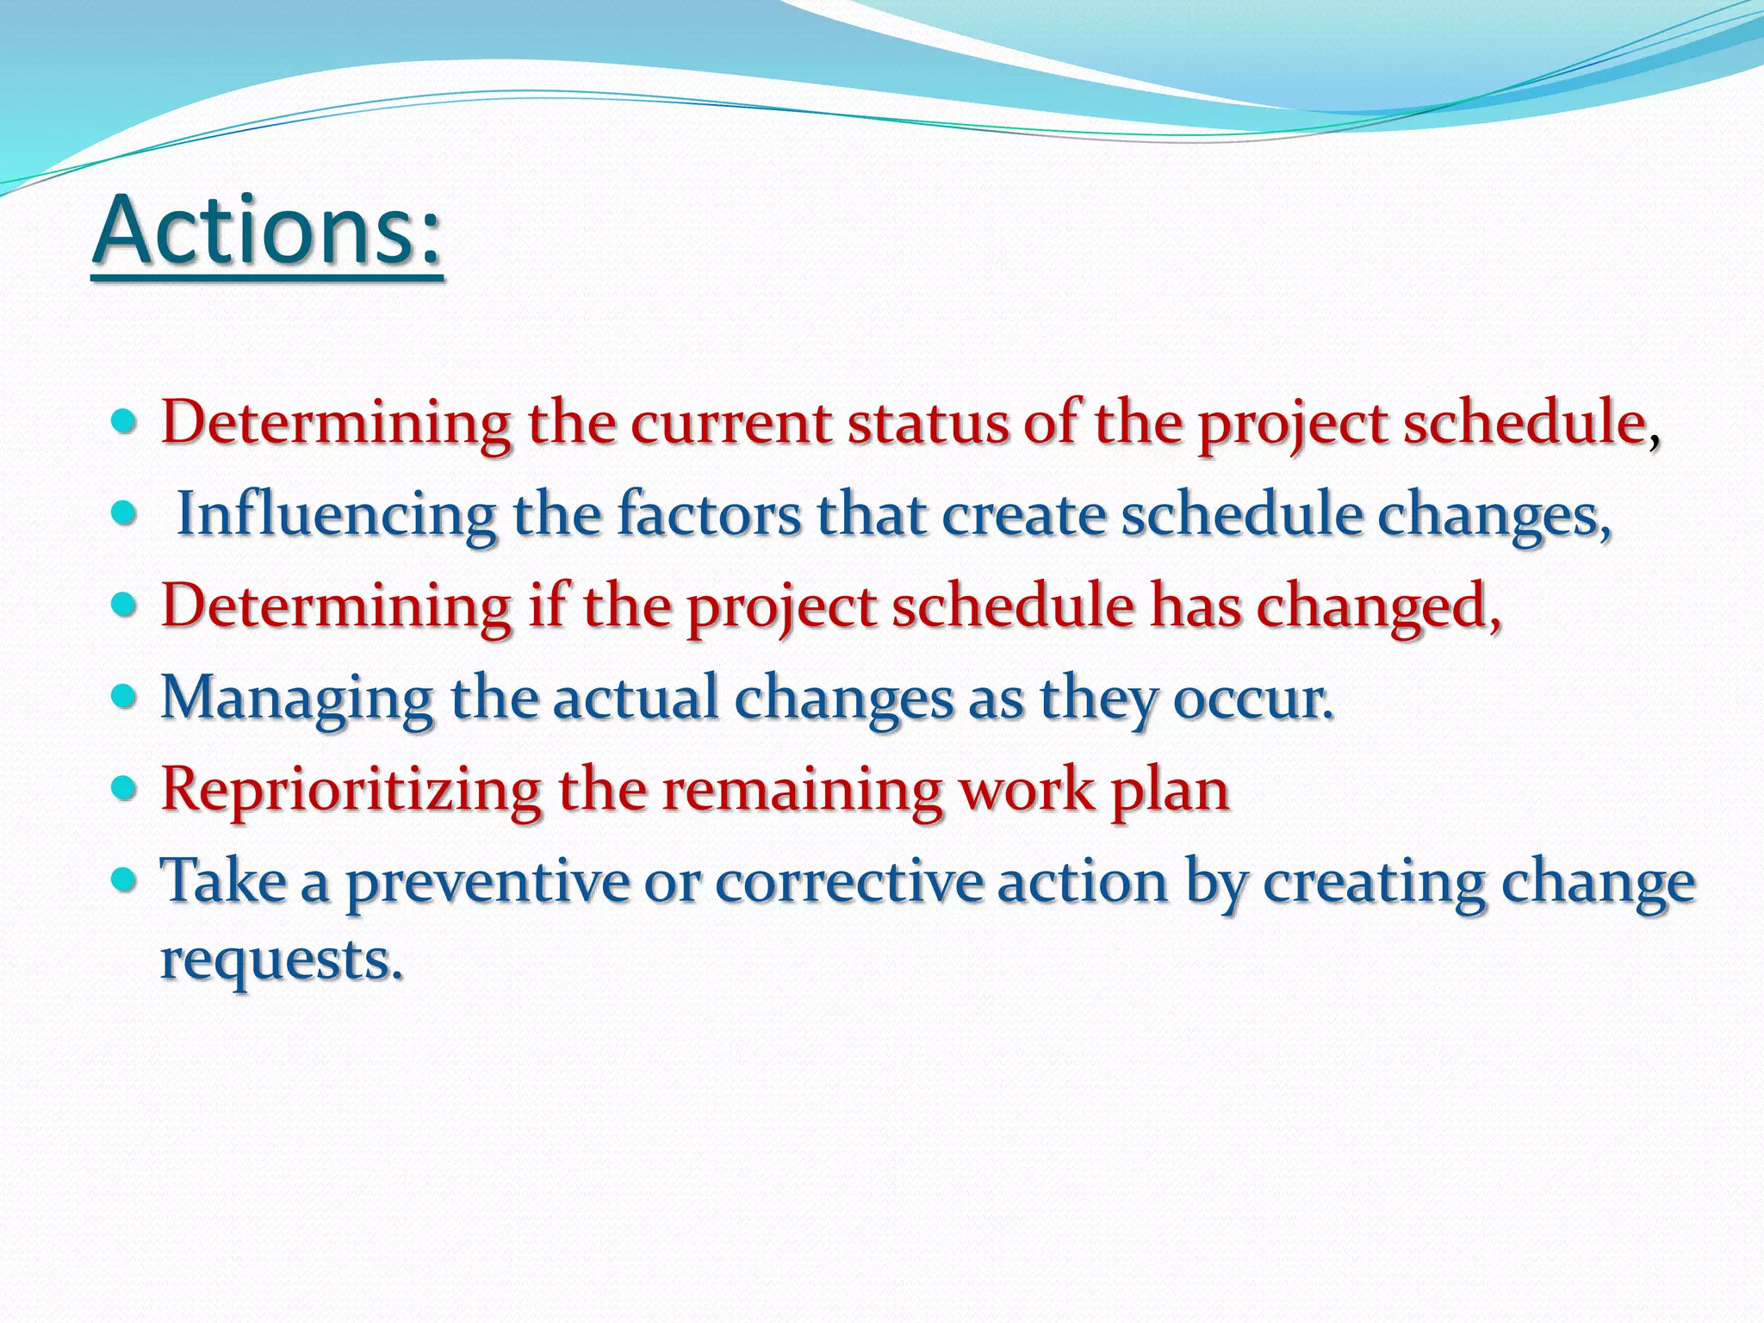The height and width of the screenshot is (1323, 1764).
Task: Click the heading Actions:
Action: click(x=267, y=231)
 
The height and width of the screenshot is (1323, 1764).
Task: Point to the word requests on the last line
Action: click(x=281, y=960)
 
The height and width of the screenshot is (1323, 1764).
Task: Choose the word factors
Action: click(x=709, y=514)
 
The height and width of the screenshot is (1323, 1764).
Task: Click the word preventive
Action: click(x=488, y=882)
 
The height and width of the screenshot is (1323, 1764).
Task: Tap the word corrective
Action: click(x=848, y=882)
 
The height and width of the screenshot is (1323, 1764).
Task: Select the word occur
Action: click(x=1254, y=699)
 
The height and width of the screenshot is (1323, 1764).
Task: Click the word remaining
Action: click(x=802, y=790)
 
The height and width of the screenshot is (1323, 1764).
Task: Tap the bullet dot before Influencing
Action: click(x=125, y=514)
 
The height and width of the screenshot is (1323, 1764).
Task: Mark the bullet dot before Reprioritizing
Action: click(x=125, y=786)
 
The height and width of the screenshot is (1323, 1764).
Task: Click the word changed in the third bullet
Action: click(x=1377, y=606)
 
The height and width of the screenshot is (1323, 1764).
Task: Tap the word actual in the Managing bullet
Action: click(x=635, y=699)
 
